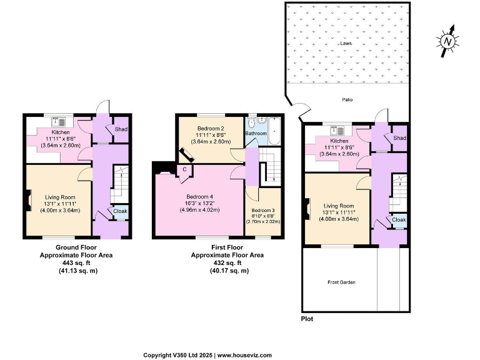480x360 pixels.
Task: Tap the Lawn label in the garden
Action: point(346,44)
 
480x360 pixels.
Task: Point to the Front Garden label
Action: point(341,282)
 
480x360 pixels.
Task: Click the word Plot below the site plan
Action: point(307,318)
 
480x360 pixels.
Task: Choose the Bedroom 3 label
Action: point(262,211)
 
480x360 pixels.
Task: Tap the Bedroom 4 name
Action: point(199,196)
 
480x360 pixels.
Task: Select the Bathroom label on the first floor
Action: point(256,134)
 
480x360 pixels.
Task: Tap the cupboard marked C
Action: point(184,169)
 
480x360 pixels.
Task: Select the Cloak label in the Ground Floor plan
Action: point(120,211)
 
